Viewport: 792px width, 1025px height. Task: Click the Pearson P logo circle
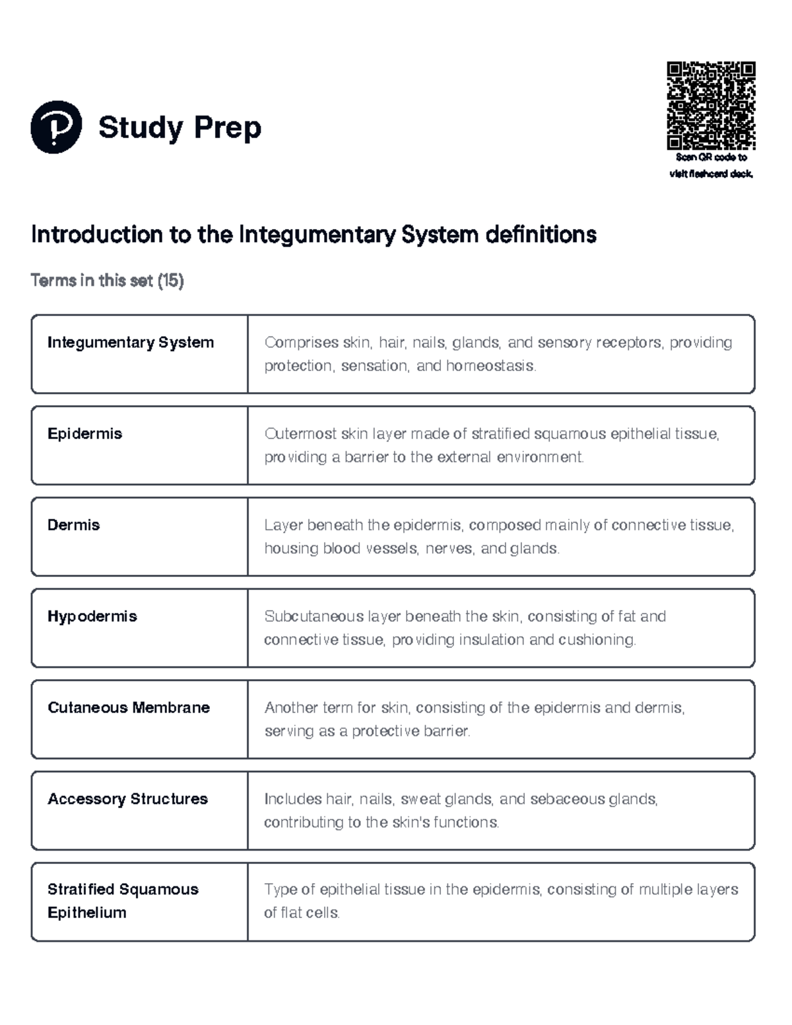click(56, 127)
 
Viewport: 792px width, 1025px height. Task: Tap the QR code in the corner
click(711, 106)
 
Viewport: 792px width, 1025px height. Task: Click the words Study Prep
click(180, 127)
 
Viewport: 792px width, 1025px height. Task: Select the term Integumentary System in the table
click(131, 343)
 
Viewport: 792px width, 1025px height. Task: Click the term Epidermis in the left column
click(84, 434)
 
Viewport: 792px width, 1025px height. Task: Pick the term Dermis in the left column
click(73, 525)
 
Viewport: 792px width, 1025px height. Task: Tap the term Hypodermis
click(92, 616)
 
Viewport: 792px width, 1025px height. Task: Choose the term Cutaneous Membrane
click(129, 708)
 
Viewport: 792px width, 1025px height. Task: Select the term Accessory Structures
click(127, 799)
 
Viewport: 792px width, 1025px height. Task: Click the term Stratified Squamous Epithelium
click(123, 901)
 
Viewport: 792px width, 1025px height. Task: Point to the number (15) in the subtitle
click(170, 281)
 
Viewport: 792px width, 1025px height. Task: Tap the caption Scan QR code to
click(711, 158)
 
